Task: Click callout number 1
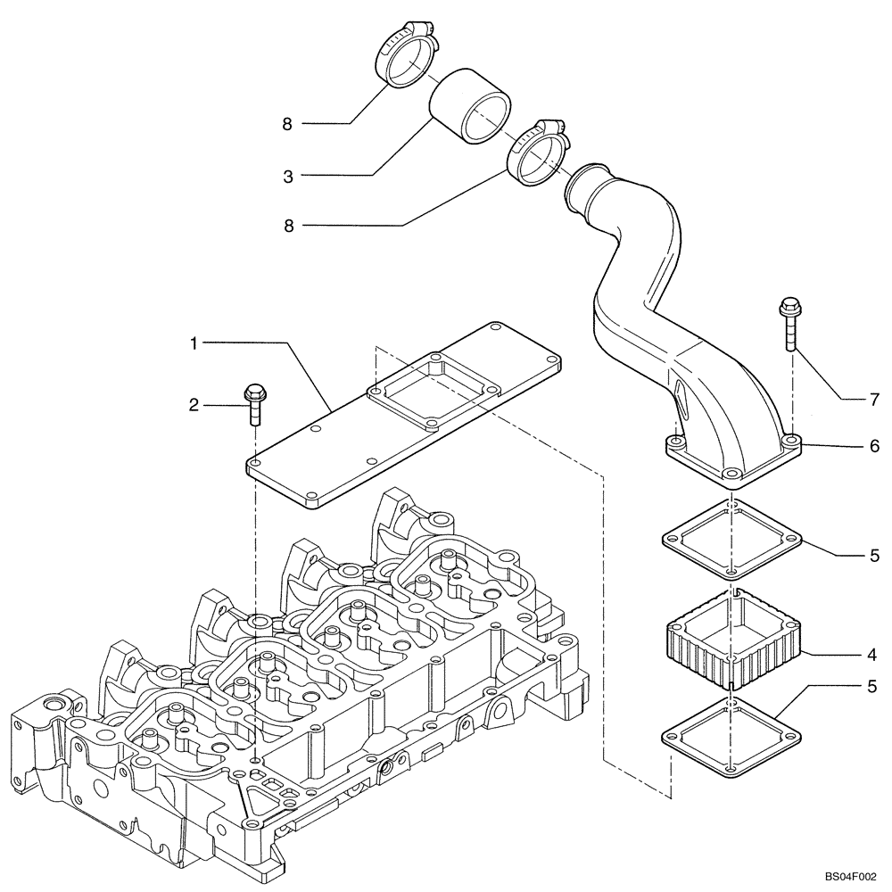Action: pos(194,341)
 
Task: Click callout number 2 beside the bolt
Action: pos(194,405)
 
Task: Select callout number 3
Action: pos(288,176)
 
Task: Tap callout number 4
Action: pos(871,653)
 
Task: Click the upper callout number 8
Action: pos(287,124)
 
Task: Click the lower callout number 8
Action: pos(287,227)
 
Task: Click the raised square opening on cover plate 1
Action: pos(431,390)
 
